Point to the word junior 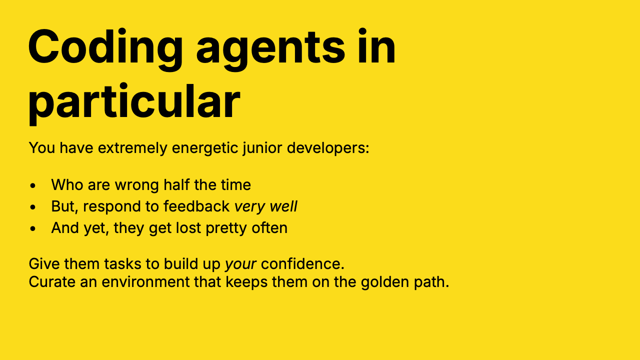coord(262,148)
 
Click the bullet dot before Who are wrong coord(33,185)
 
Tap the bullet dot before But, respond coord(33,207)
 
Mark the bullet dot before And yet coord(33,228)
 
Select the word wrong coord(137,185)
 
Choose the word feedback coord(196,206)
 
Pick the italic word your coord(240,264)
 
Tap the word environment coord(145,282)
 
